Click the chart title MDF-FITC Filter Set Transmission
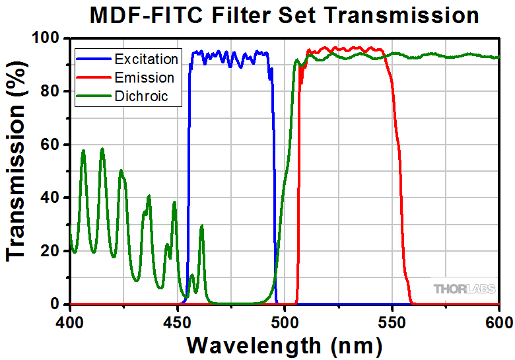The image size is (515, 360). pyautogui.click(x=284, y=15)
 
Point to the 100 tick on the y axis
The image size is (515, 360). pyautogui.click(x=49, y=38)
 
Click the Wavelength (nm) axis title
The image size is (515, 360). pyautogui.click(x=284, y=345)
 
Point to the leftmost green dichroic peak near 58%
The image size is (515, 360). pyautogui.click(x=83, y=151)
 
